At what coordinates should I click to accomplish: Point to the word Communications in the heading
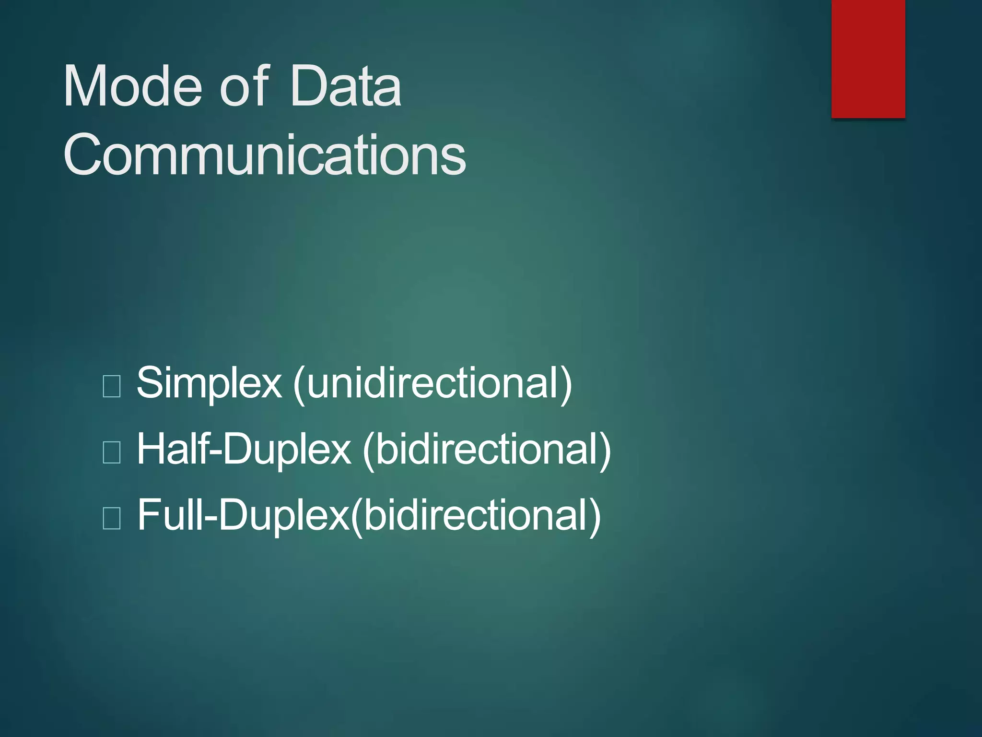coord(264,155)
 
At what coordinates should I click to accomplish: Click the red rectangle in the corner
coord(868,59)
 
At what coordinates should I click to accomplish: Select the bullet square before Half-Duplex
coord(112,452)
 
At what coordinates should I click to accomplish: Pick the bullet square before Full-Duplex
coord(112,518)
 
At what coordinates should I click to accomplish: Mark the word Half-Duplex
coord(244,450)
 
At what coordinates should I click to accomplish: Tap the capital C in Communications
coord(81,155)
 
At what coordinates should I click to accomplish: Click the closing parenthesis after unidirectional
coord(566,384)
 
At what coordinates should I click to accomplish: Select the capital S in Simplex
coord(150,383)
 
